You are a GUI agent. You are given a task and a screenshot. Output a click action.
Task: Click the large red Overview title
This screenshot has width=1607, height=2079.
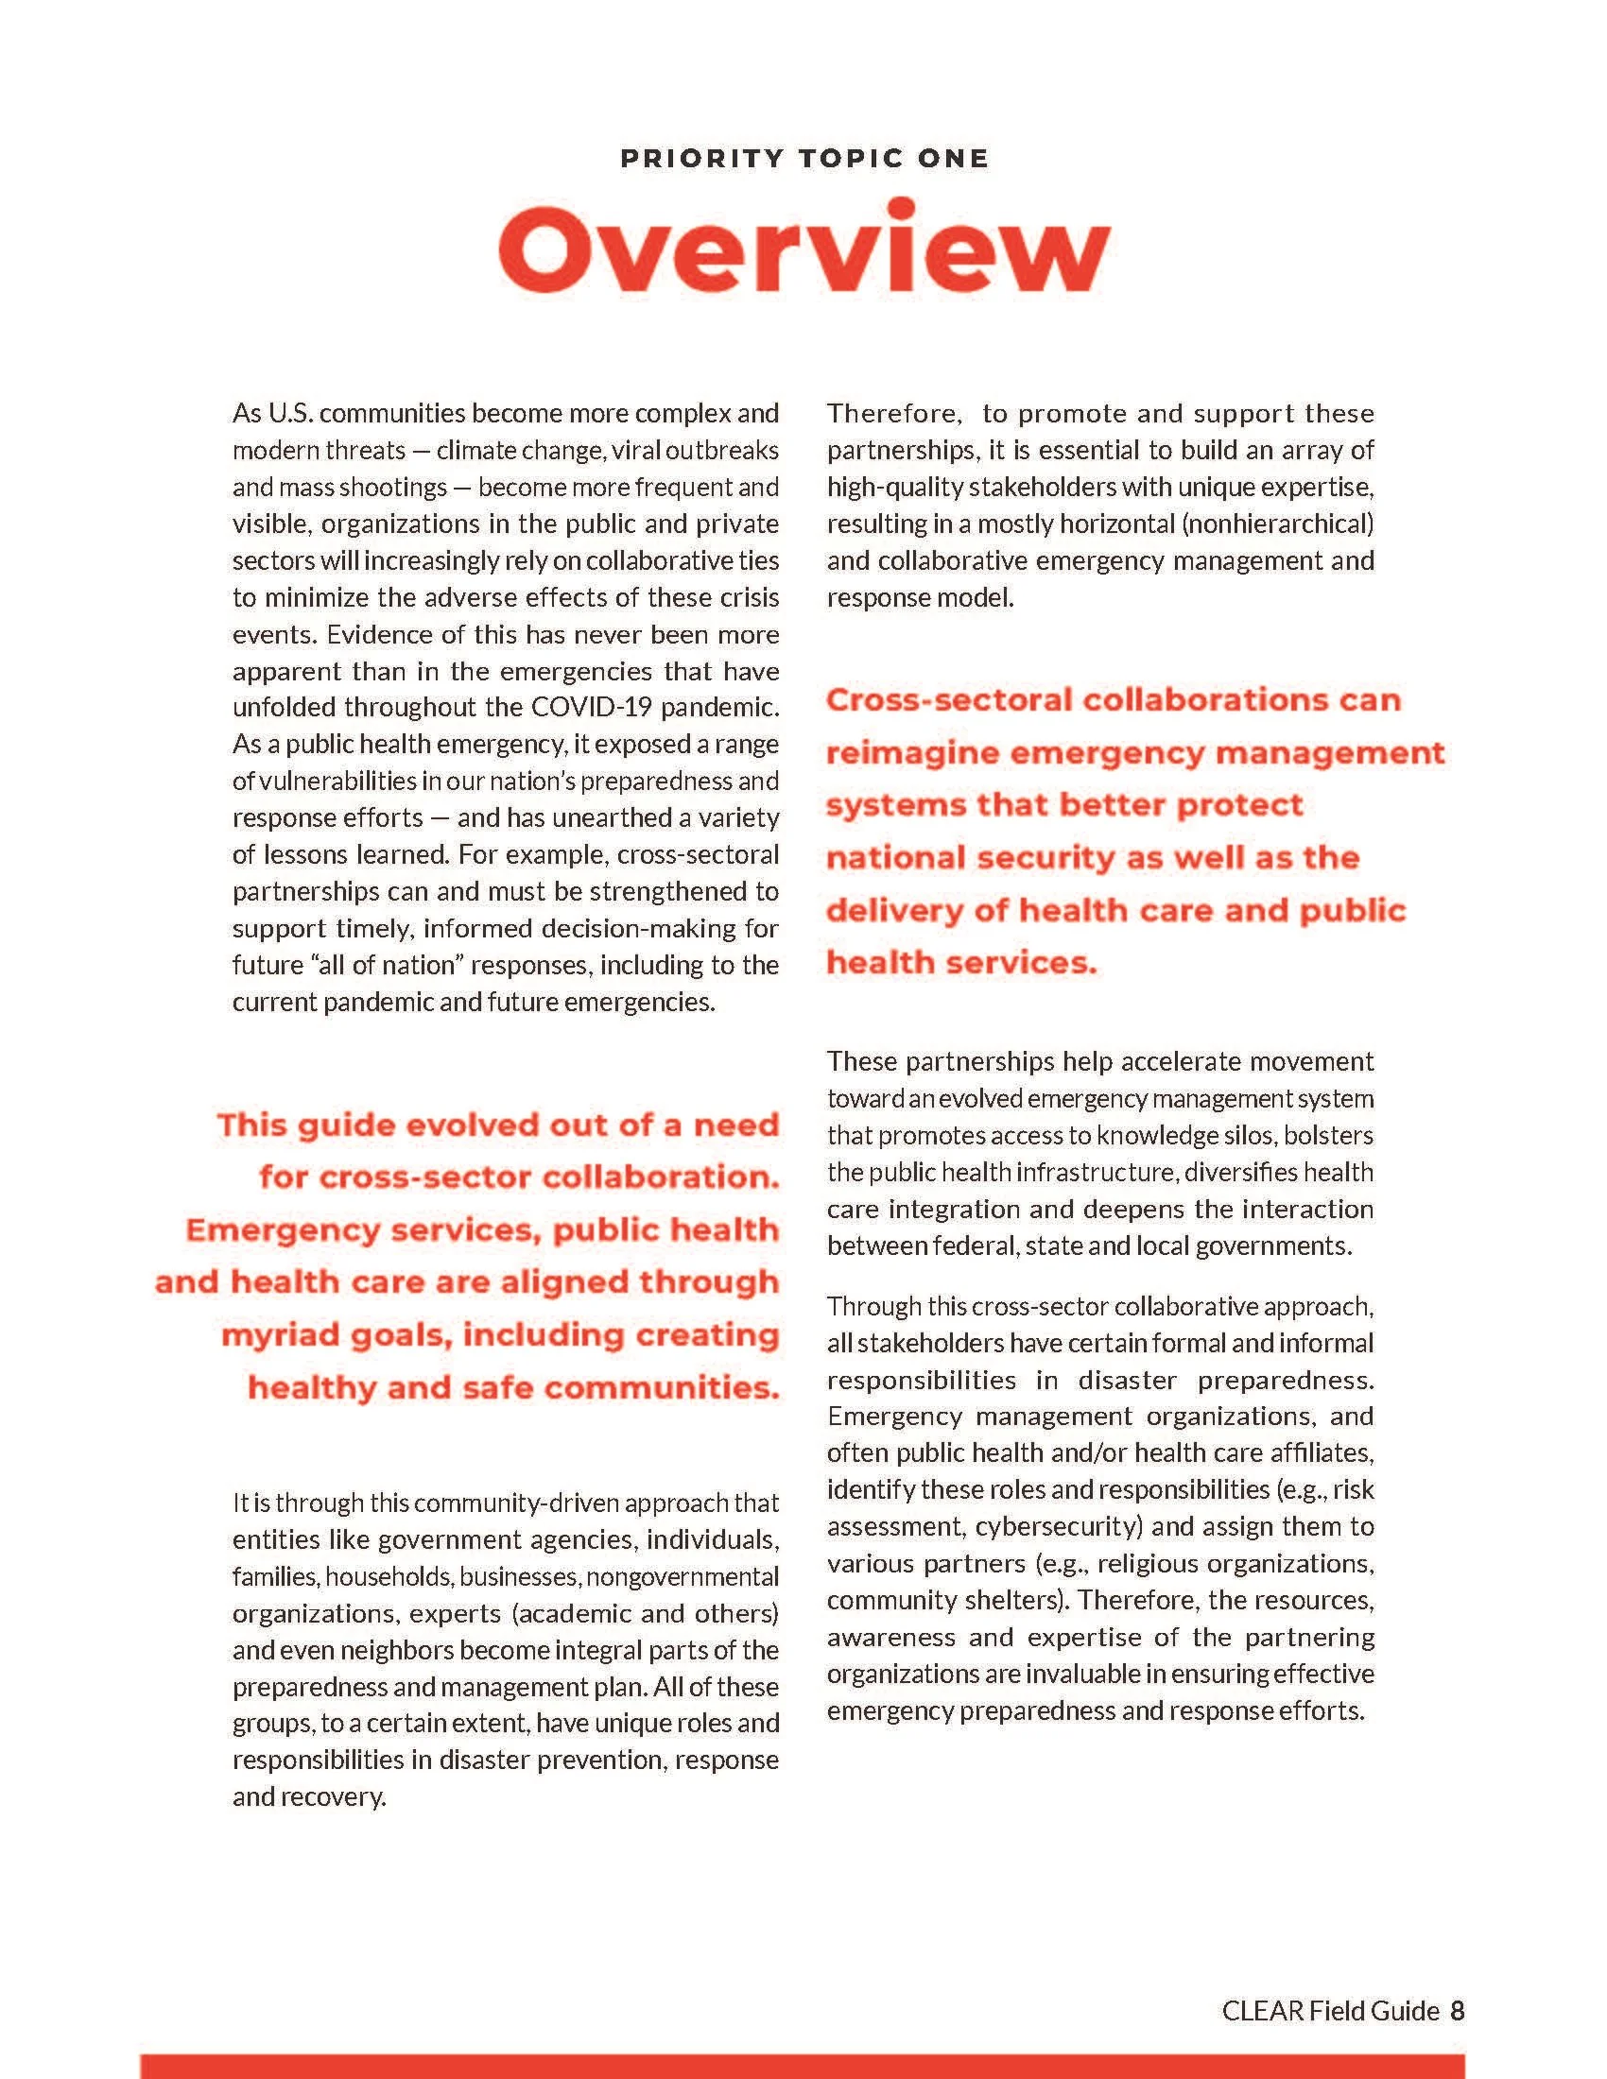click(803, 249)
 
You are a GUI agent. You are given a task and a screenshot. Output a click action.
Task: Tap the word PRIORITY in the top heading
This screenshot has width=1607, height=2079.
click(701, 158)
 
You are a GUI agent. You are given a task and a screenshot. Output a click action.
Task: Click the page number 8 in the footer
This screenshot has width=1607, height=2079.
click(1457, 2010)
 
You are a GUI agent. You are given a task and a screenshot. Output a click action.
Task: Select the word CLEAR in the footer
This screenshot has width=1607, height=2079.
click(1262, 2010)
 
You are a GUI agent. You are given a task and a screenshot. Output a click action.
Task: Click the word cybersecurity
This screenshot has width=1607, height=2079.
click(1058, 1527)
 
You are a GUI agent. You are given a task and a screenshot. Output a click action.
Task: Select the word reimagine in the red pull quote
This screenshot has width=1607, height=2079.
click(910, 753)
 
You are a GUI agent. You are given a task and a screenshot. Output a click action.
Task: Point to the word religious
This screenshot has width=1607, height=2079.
click(1148, 1564)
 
